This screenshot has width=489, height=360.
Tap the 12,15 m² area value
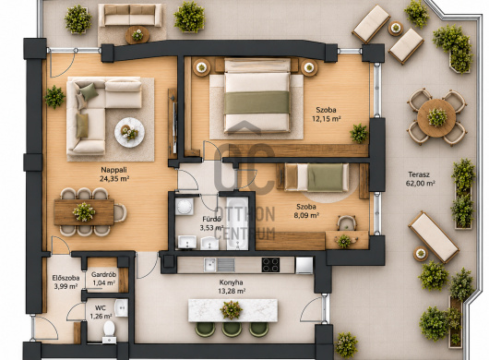327,119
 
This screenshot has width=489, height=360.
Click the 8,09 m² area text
306,215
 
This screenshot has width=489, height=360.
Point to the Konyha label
231,282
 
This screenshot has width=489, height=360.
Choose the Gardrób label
104,275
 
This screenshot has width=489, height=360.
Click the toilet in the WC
109,332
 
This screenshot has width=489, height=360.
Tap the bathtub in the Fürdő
237,223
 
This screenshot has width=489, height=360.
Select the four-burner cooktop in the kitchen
270,265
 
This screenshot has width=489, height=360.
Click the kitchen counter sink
209,265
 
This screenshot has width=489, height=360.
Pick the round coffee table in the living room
129,132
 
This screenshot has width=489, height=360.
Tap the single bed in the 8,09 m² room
316,177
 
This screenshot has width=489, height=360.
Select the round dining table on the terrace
436,118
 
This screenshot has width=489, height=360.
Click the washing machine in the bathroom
185,207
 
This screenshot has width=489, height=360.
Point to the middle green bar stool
232,330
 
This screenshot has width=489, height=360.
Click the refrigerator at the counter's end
304,265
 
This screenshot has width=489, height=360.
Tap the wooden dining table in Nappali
84,212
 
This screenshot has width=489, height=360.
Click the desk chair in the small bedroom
347,222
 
